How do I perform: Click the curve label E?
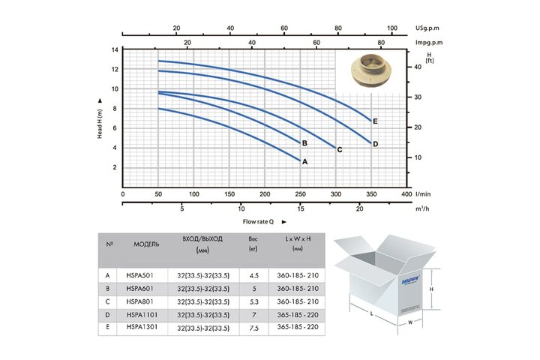point(375,121)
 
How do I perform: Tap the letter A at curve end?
point(304,161)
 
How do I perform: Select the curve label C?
point(340,150)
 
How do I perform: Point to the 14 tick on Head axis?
point(115,50)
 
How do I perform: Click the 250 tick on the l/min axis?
point(300,194)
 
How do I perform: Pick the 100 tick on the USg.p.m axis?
point(392,28)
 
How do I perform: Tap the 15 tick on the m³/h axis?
point(301,208)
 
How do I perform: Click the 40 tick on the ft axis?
point(418,67)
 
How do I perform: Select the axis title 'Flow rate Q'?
point(258,221)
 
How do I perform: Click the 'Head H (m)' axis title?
point(100,124)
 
